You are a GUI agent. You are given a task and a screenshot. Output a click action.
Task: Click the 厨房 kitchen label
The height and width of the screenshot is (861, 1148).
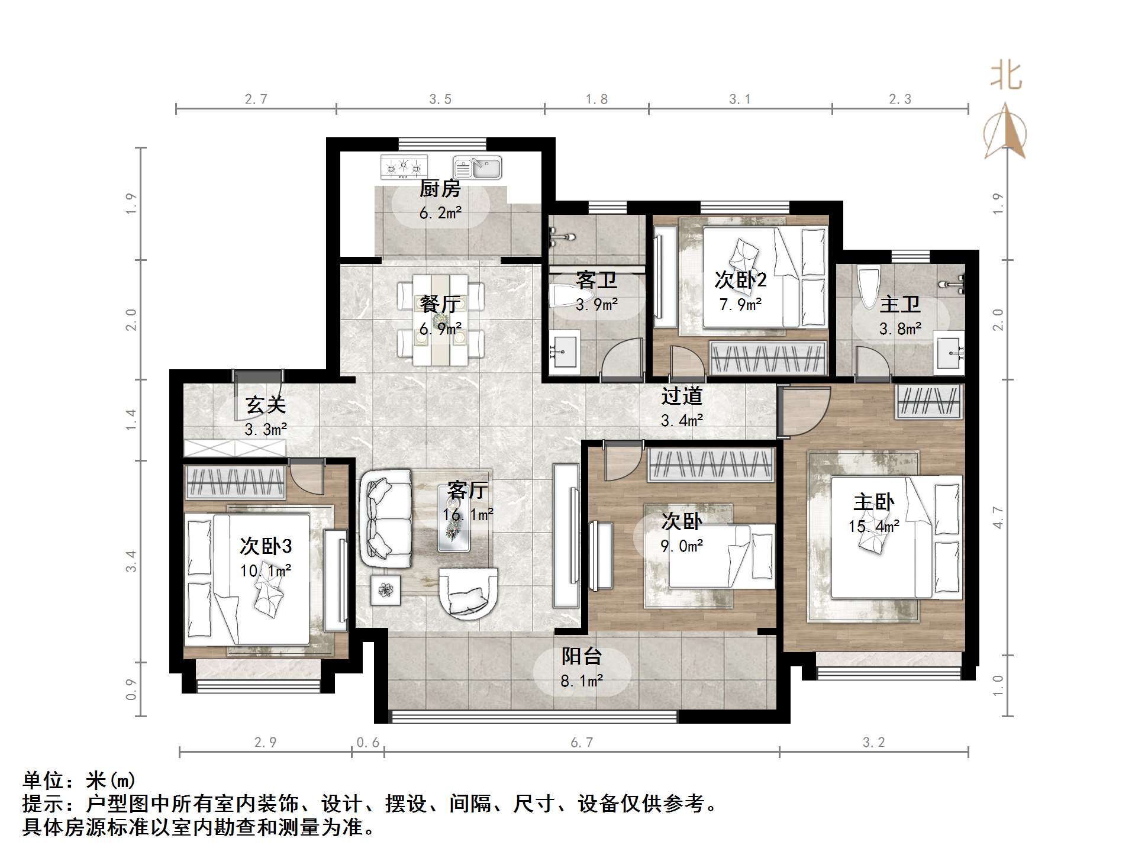point(440,189)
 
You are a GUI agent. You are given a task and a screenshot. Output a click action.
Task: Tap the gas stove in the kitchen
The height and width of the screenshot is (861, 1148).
point(404,167)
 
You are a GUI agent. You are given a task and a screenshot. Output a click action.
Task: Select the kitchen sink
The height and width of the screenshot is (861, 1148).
point(478,167)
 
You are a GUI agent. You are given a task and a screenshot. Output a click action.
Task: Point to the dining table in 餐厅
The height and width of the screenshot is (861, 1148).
point(441,320)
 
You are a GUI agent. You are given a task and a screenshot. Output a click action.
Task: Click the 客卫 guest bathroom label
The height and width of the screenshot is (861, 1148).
point(596,280)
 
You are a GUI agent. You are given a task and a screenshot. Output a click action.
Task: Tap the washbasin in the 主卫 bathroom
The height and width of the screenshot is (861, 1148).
point(949,353)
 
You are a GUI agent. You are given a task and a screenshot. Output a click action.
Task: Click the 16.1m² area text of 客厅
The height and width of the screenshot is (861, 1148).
point(467,515)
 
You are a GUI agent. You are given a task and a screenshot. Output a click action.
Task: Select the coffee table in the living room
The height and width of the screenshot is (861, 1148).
point(454,518)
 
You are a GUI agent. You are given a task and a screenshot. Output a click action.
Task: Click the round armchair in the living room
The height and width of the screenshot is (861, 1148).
point(467,592)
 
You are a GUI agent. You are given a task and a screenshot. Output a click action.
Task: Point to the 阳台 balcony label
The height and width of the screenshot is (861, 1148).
point(582,656)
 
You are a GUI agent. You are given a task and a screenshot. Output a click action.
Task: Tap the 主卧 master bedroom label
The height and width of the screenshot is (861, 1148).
point(873,502)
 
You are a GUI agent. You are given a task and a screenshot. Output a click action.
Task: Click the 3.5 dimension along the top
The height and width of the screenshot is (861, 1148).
point(440,99)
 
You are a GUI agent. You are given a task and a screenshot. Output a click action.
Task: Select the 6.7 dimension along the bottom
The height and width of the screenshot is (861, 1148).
point(582,743)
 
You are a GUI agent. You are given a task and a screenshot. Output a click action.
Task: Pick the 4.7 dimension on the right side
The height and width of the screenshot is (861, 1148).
point(998,517)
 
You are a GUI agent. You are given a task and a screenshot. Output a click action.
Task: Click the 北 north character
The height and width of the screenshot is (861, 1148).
point(1007,76)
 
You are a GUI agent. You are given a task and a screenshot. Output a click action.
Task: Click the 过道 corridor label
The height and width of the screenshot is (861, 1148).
point(682,396)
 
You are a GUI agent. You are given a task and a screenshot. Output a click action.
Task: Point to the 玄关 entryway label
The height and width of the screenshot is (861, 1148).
point(266,405)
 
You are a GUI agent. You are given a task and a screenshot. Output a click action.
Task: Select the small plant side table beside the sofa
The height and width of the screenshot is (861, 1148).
point(386,590)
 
